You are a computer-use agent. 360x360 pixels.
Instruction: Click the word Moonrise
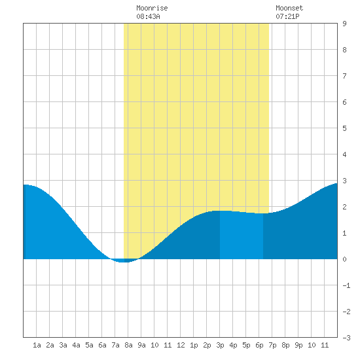tap(152, 8)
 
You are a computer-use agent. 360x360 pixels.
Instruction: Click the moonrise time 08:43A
tap(148, 16)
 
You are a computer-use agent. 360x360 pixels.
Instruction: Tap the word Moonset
tap(289, 8)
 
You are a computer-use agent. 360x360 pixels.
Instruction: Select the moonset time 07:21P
tap(287, 16)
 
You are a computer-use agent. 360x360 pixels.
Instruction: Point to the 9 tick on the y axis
tap(344, 24)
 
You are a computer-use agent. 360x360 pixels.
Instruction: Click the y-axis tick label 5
tap(344, 128)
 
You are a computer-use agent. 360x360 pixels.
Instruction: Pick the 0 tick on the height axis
tap(344, 259)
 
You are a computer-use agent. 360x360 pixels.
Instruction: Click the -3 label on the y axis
tap(346, 338)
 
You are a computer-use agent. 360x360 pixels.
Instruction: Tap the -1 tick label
tap(346, 285)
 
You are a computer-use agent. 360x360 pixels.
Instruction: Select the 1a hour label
tap(37, 345)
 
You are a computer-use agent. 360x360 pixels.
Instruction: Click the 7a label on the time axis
tap(115, 345)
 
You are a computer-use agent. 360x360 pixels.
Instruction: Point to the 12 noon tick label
tap(181, 345)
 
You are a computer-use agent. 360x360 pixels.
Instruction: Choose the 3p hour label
tap(220, 345)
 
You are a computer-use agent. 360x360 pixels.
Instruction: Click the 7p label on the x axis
tap(272, 345)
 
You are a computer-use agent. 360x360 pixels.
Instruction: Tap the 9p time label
tap(298, 345)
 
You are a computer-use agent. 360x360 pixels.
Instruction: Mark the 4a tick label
tap(76, 345)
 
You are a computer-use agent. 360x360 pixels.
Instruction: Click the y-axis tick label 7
tap(344, 76)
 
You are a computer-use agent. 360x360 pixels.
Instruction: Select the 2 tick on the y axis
tap(344, 207)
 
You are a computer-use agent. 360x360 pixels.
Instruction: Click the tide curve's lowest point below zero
tap(122, 262)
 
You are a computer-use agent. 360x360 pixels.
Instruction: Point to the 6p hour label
tap(259, 345)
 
